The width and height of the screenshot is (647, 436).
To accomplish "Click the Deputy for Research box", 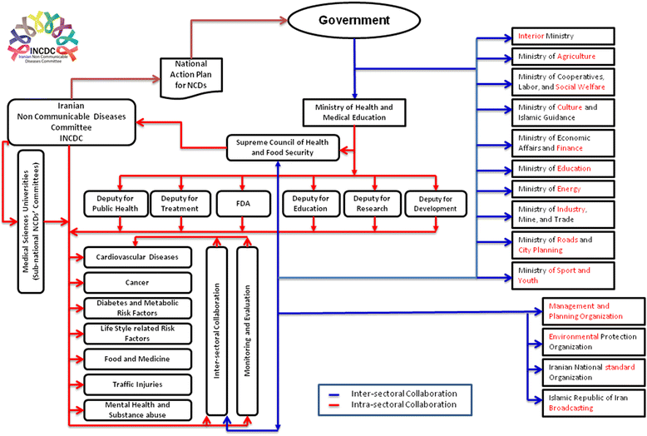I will coord(372,204).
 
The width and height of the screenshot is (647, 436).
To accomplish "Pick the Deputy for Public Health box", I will coord(115,204).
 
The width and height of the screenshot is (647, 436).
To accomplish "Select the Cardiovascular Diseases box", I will coord(137,257).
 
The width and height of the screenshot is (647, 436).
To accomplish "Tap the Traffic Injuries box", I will coord(137,384).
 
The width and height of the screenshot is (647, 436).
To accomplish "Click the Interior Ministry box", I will coord(563,37).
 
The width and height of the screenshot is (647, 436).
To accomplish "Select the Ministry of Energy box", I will coord(563,189).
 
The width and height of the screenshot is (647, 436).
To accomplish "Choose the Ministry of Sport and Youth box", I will coord(563,275).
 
